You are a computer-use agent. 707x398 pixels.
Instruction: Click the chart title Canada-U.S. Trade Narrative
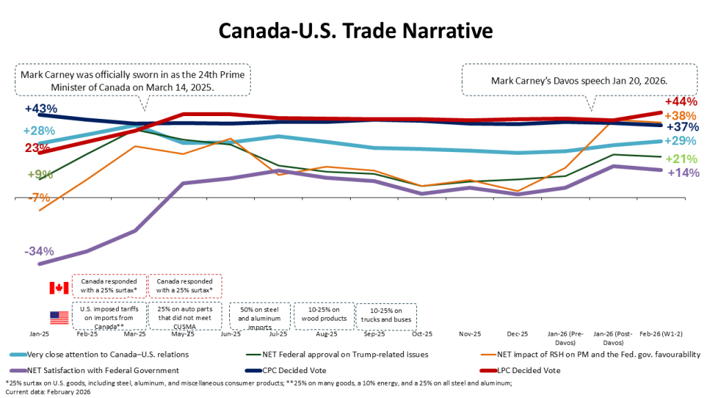(x=356, y=32)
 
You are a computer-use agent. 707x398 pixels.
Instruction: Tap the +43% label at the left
(x=40, y=109)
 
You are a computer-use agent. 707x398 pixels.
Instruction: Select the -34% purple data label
(x=39, y=252)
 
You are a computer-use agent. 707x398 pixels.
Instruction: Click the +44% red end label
(x=679, y=102)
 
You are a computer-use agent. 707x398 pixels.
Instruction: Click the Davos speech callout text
(x=579, y=81)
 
